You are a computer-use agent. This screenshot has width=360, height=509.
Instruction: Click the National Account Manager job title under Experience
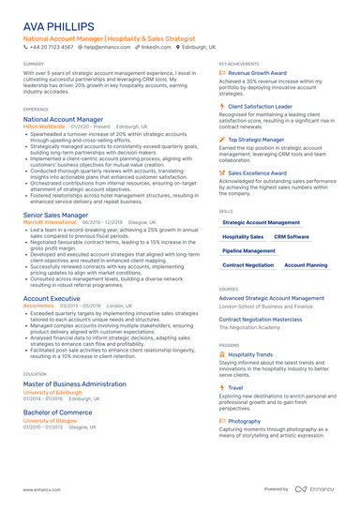point(63,120)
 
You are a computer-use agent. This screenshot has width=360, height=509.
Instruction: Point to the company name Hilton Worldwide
point(44,127)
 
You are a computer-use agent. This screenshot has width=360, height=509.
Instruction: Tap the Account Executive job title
point(52,298)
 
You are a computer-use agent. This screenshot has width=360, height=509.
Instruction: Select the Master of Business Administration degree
point(75,384)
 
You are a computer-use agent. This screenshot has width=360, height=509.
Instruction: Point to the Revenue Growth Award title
point(257,72)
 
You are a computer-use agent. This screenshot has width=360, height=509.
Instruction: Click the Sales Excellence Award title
point(260,173)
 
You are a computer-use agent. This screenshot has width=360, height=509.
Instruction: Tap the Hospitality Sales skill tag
point(243,237)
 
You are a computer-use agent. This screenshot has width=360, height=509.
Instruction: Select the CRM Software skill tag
point(292,237)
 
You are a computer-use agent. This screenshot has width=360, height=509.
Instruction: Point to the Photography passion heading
point(245,421)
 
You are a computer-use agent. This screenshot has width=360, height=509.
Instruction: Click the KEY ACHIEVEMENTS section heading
point(240,64)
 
